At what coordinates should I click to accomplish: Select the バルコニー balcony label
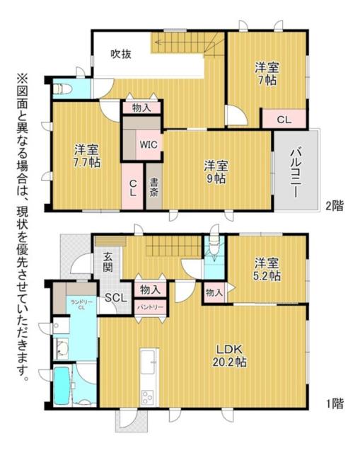(297, 170)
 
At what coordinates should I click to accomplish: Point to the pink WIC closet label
(149, 144)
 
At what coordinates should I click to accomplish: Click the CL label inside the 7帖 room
(283, 120)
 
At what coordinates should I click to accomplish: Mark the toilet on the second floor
(61, 89)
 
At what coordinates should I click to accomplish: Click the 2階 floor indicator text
(335, 207)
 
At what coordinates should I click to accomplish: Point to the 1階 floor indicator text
(335, 404)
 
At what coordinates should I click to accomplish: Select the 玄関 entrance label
(108, 263)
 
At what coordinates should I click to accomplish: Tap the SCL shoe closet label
(115, 298)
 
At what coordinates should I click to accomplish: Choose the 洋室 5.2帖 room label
(267, 269)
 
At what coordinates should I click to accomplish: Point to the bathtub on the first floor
(62, 389)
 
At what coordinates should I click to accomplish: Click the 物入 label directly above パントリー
(149, 289)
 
